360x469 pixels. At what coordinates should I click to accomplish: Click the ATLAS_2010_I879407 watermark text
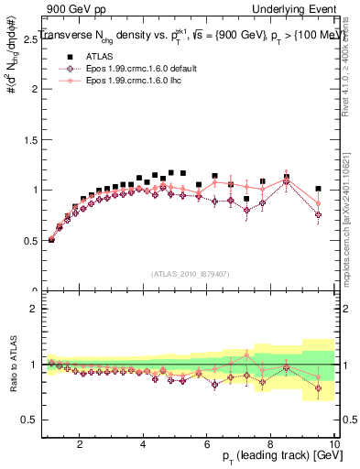(x=190, y=273)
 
